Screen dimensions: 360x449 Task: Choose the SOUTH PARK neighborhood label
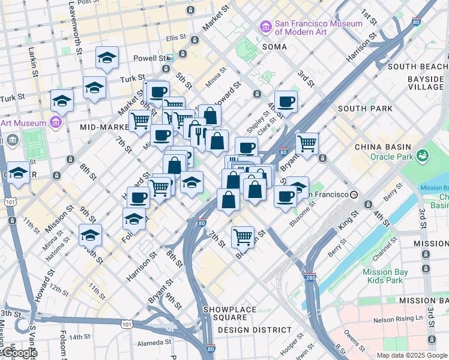tap(365, 109)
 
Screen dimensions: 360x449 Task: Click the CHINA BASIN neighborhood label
tap(382, 147)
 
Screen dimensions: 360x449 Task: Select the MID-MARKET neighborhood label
tap(101, 127)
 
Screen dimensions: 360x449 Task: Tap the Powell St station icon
tap(170, 58)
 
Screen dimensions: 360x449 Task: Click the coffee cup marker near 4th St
tap(286, 101)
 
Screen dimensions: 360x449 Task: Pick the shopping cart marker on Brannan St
tap(243, 236)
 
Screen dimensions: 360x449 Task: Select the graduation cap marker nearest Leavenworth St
tap(107, 58)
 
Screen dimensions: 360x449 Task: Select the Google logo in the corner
tap(19, 353)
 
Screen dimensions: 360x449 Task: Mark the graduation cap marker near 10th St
tap(90, 235)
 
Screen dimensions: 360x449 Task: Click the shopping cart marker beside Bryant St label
tap(307, 143)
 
